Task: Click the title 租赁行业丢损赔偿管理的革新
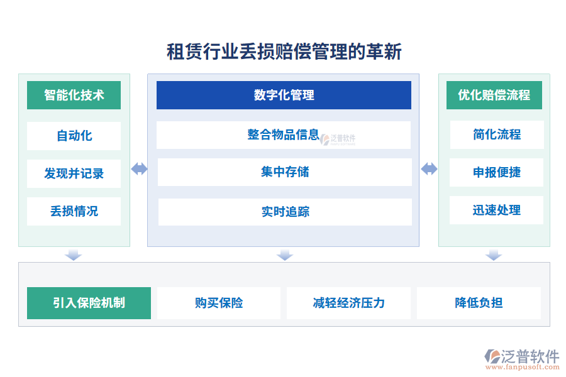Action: pos(284,52)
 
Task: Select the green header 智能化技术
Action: pos(74,96)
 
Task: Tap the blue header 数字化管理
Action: pos(284,96)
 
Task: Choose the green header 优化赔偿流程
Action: pos(494,96)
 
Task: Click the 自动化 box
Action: pos(74,136)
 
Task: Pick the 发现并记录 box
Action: pos(74,173)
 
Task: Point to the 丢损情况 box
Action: pos(74,211)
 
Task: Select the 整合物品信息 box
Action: pos(284,135)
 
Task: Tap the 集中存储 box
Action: pos(285,172)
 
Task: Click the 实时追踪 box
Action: pos(285,212)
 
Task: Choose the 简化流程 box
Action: pos(497,135)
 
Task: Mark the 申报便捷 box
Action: pos(496,172)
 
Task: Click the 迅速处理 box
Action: pos(496,210)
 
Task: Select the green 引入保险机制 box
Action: pos(89,303)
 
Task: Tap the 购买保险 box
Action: pos(219,303)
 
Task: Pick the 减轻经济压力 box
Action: pos(348,303)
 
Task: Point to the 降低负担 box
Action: pos(479,303)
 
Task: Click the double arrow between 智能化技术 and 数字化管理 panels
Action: pos(139,169)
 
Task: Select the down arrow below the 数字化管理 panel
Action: pos(285,254)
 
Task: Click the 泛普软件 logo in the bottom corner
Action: pos(522,359)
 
